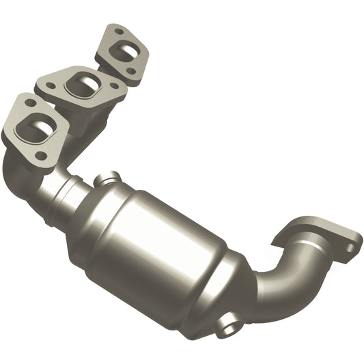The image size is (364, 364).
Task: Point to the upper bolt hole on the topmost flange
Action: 120,31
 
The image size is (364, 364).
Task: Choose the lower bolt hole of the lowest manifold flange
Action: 42,156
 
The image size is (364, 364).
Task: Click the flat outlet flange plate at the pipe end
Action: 321,236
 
